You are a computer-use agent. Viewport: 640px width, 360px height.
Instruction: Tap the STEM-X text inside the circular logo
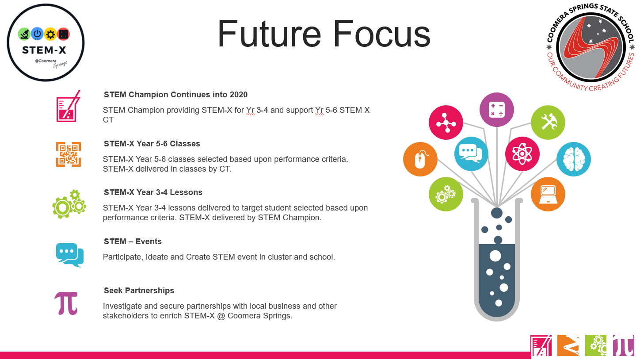click(x=44, y=50)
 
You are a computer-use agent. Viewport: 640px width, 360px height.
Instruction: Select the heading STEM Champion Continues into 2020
click(x=176, y=95)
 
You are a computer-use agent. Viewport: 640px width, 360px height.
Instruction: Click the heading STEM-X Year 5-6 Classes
click(x=152, y=144)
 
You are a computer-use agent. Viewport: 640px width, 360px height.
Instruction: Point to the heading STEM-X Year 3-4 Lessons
click(x=153, y=192)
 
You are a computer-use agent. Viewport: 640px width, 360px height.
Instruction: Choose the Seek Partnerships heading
click(x=139, y=291)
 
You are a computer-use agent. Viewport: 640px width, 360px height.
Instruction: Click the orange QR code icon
click(x=69, y=154)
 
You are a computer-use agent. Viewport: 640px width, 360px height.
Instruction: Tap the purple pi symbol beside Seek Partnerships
click(x=66, y=303)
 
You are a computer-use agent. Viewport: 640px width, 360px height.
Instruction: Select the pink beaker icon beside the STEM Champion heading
click(x=68, y=107)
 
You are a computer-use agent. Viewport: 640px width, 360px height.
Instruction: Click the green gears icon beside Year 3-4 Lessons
click(x=69, y=204)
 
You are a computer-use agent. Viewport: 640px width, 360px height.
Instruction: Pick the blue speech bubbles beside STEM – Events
click(x=70, y=255)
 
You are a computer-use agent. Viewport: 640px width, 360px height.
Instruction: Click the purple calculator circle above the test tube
click(x=496, y=110)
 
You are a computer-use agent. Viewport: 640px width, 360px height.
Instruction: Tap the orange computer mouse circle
click(x=420, y=159)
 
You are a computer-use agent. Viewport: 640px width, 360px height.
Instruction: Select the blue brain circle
click(x=573, y=159)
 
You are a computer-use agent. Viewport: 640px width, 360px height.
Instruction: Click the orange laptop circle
click(x=548, y=194)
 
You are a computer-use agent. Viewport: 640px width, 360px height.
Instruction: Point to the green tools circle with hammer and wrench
click(x=548, y=123)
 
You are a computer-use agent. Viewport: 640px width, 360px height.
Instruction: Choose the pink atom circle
click(x=522, y=154)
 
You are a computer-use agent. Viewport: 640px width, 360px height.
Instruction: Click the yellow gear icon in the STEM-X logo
click(x=50, y=34)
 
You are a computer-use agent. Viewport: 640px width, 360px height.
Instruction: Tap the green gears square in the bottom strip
click(x=596, y=345)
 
